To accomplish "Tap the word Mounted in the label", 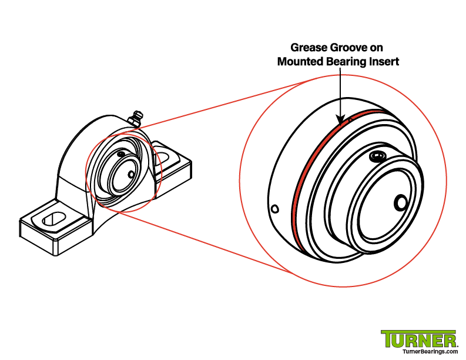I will (300, 61).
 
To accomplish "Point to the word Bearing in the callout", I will (346, 61).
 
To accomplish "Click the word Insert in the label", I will (384, 61).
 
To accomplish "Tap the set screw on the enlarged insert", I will (377, 156).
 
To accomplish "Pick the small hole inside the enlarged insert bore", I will (401, 202).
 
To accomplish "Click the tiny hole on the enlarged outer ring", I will (275, 208).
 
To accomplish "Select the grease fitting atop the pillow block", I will (136, 118).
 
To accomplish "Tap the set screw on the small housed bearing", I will (120, 154).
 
